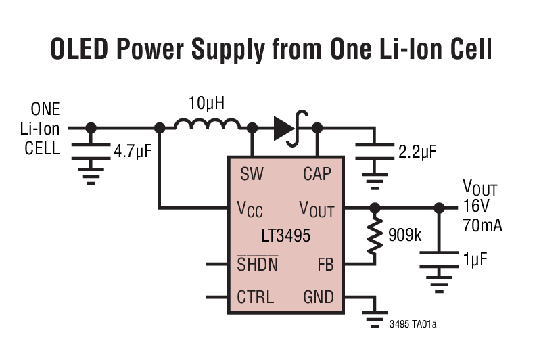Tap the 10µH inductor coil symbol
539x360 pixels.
207,125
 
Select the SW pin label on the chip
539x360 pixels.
252,174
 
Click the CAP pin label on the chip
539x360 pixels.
317,174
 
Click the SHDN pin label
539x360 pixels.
257,263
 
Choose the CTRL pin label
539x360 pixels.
255,296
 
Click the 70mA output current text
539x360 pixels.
483,225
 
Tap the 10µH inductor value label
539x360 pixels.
206,104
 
